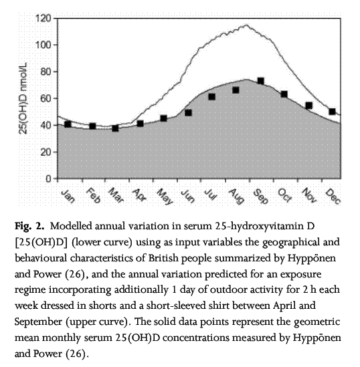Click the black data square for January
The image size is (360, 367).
tap(68, 124)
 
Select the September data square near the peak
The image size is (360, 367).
tap(260, 81)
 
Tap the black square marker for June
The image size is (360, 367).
tap(188, 113)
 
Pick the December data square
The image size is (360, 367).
tap(332, 112)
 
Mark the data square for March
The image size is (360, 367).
tap(115, 128)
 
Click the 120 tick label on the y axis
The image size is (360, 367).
tap(43, 18)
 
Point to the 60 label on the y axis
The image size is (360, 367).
tap(46, 98)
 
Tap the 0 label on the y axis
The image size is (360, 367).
tap(48, 178)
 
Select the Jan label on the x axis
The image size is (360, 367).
tap(68, 196)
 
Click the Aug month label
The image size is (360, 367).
tap(236, 196)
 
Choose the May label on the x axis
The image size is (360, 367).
tap(165, 197)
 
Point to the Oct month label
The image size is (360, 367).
tap(285, 195)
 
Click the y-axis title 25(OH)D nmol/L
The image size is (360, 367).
tap(23, 98)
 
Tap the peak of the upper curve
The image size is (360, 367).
tap(246, 25)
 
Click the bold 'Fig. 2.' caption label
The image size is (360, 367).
tap(29, 226)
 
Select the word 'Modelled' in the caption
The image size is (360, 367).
tap(71, 226)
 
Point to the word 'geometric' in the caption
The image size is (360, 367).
tap(317, 322)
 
